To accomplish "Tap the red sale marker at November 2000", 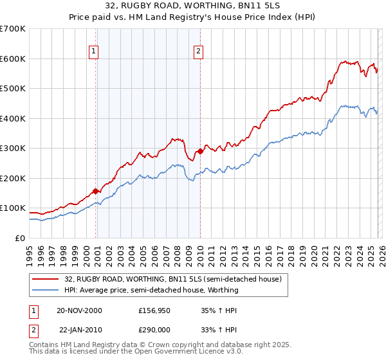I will [96, 191].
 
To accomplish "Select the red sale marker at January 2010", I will [200, 152].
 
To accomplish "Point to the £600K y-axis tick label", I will [13, 59].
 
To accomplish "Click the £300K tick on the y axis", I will [13, 148].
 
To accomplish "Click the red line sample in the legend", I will [46, 280].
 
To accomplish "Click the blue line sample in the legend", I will [46, 290].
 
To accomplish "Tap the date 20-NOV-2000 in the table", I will [79, 310].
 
